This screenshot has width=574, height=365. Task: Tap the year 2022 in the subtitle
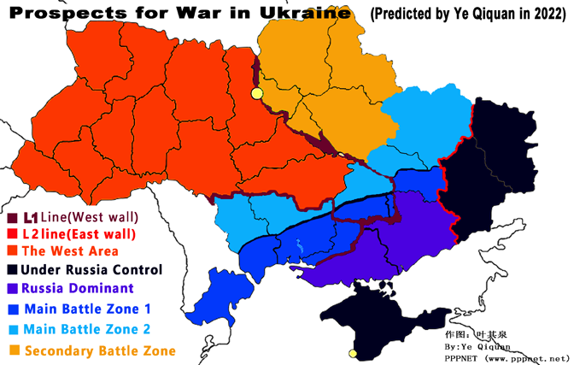pos(543,14)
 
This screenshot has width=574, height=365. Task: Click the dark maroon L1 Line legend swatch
pos(11,217)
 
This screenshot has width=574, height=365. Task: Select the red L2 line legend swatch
pos(11,234)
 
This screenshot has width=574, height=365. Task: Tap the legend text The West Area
pos(70,251)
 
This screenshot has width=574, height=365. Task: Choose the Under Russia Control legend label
pos(91,269)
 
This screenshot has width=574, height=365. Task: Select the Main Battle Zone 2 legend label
pos(90,329)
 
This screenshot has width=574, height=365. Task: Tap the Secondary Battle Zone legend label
pos(100,350)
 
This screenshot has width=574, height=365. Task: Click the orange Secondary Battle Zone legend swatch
pos(13,350)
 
